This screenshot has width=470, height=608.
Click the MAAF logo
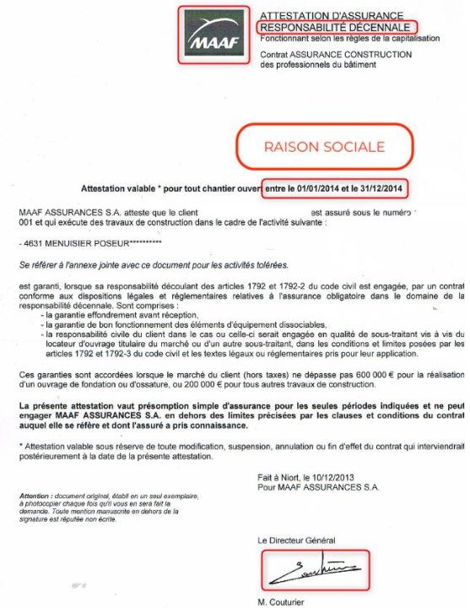coord(213,35)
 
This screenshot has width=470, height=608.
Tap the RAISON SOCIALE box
coord(324,147)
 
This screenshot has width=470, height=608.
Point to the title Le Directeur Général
coord(296,540)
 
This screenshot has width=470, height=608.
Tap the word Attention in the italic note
coord(36,494)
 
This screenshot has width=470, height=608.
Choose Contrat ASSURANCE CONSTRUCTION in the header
coord(336,55)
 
